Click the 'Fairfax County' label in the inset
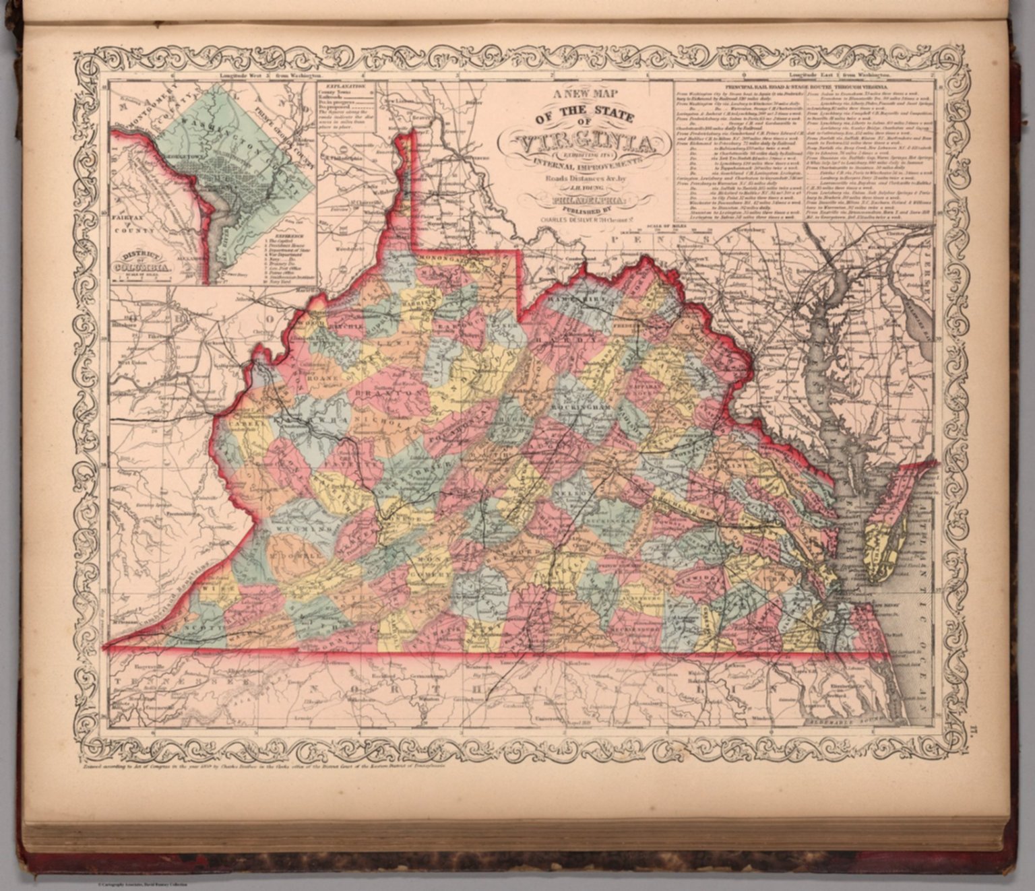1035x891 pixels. coord(135,224)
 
